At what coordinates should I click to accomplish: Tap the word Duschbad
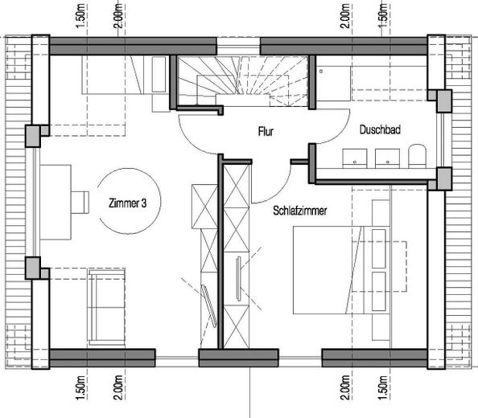pyautogui.click(x=380, y=130)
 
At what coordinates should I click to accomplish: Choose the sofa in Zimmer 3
pyautogui.click(x=107, y=306)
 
